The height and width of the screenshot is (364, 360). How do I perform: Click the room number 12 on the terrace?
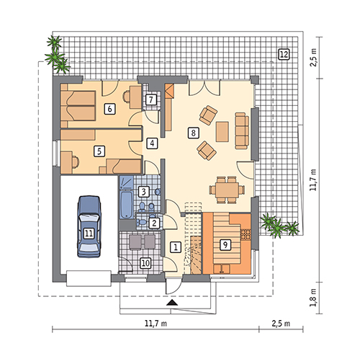(284, 54)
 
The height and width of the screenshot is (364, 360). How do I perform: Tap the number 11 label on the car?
(89, 234)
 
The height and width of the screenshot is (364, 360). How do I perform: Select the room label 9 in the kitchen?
(225, 244)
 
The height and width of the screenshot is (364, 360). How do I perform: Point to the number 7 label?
(151, 99)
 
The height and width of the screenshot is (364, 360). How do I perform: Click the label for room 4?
(152, 143)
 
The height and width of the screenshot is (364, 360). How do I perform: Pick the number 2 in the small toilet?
(154, 223)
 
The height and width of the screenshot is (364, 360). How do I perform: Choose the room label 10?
(145, 263)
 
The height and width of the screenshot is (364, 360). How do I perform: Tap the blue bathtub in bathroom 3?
(127, 205)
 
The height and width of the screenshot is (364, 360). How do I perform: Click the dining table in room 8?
(227, 190)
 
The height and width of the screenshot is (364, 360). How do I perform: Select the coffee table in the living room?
(222, 132)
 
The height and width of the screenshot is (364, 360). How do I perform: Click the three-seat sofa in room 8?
(242, 130)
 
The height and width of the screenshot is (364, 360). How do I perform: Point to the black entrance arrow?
(172, 303)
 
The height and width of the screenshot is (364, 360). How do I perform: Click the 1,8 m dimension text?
(313, 298)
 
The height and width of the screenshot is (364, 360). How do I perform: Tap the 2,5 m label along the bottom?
(281, 324)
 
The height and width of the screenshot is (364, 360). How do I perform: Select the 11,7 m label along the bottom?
(156, 324)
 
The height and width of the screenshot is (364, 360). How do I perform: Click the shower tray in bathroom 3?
(127, 182)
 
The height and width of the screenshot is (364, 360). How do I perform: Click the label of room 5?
(99, 151)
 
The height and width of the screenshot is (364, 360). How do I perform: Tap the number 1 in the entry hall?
(176, 247)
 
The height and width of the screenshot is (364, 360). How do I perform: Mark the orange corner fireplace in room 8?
(169, 91)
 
